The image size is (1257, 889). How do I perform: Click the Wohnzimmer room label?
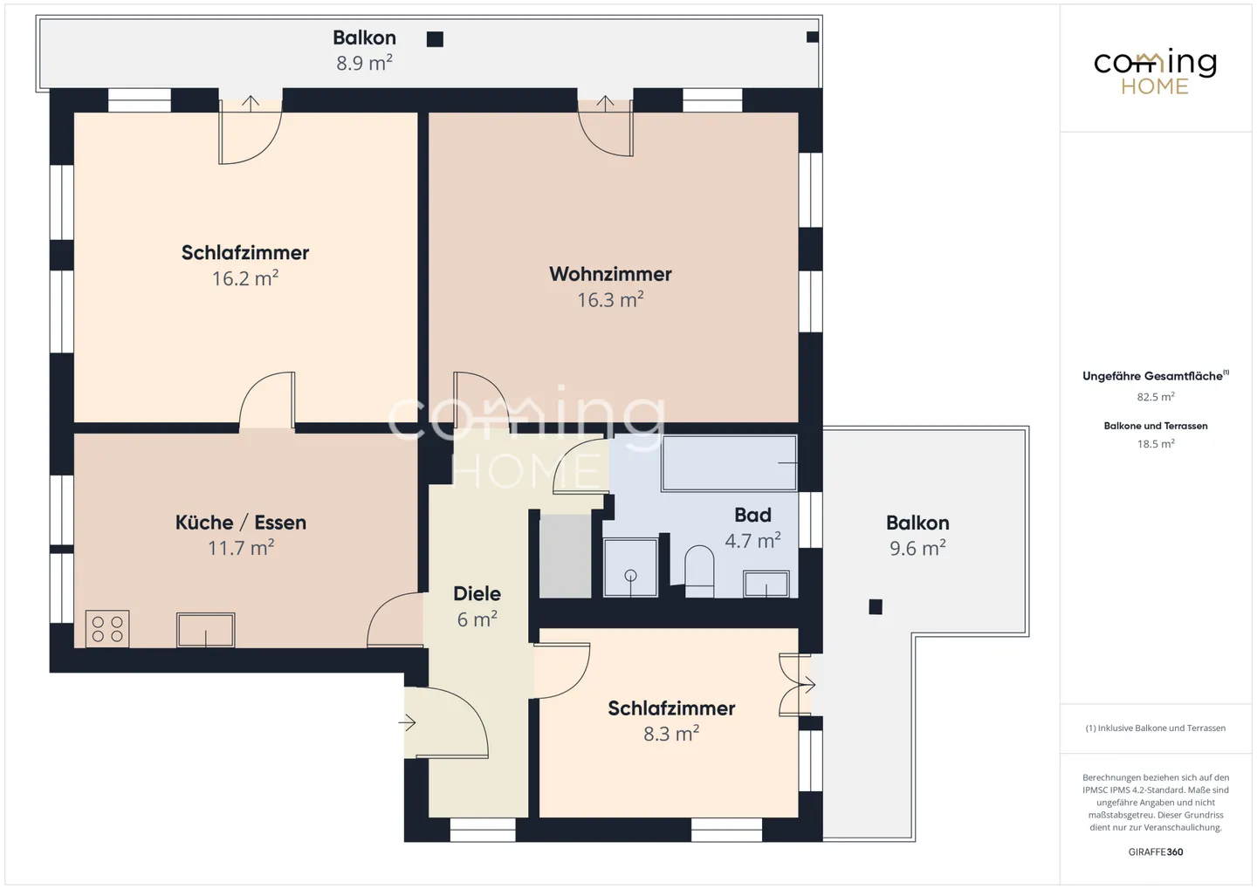(x=610, y=274)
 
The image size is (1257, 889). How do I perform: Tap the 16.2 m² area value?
(x=245, y=278)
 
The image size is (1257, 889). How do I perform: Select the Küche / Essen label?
(x=241, y=523)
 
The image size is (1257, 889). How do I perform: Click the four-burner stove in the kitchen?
(x=107, y=629)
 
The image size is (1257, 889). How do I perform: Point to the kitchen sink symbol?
(x=205, y=630)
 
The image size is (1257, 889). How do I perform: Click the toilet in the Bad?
(x=699, y=571)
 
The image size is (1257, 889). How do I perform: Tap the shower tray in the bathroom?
(x=630, y=567)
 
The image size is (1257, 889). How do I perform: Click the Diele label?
(x=477, y=593)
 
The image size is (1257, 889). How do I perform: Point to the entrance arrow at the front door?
(x=408, y=723)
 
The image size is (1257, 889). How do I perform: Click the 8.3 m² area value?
(x=671, y=734)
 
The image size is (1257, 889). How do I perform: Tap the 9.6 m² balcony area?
(x=917, y=548)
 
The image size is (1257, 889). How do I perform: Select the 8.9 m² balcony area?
(x=364, y=63)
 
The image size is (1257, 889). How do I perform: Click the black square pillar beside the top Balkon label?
(x=435, y=39)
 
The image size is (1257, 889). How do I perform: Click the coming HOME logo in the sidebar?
(x=1156, y=72)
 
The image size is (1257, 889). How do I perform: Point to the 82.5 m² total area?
(x=1156, y=397)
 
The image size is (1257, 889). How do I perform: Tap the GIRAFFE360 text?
(x=1156, y=852)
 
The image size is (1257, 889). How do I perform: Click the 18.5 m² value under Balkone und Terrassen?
(x=1156, y=444)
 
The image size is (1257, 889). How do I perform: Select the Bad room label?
(x=752, y=515)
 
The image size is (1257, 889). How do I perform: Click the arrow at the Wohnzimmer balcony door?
(x=605, y=102)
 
